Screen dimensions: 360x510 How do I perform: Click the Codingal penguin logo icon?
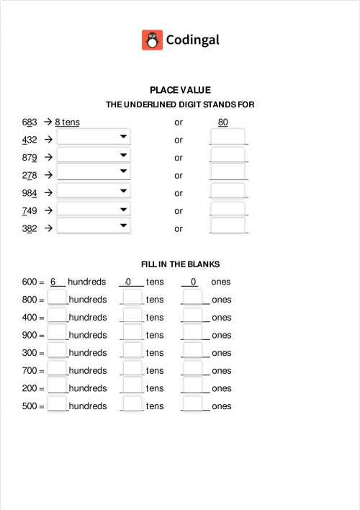[x=153, y=40]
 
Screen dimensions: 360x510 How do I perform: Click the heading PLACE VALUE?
[x=180, y=90]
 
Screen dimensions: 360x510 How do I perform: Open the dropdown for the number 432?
[x=94, y=137]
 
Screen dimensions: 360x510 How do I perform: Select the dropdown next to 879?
[x=94, y=155]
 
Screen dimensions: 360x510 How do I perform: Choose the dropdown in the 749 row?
[x=94, y=208]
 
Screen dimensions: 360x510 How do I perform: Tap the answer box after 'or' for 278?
[x=228, y=172]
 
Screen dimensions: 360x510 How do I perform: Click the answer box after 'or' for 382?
[x=228, y=225]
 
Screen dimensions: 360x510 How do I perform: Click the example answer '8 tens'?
[x=67, y=122]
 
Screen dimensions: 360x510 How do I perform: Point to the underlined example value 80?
[x=223, y=122]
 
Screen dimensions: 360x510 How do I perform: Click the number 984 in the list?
[x=30, y=193]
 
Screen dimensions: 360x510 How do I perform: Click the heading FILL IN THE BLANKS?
[x=180, y=264]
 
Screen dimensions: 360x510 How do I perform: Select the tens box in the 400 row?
[x=132, y=315]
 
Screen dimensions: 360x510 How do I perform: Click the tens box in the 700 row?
[x=132, y=368]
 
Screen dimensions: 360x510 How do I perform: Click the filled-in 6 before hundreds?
[x=53, y=282]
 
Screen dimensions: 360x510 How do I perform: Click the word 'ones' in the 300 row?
[x=222, y=353]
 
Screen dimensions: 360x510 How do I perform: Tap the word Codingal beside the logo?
[x=192, y=40]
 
